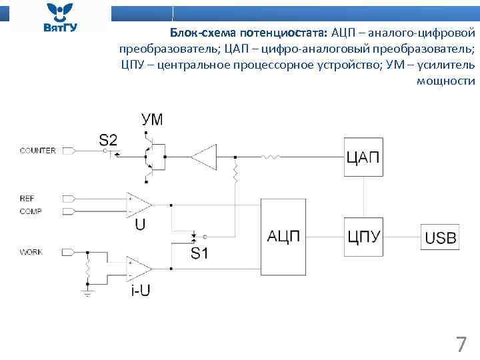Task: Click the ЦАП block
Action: coord(363,157)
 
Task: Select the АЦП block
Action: coord(283,237)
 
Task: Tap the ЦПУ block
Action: coord(363,237)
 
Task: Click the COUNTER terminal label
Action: coord(37,151)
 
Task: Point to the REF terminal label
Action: coord(27,199)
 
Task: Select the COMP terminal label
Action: coord(31,211)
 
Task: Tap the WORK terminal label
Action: coord(31,253)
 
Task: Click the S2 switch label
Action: coord(108,139)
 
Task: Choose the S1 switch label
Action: coord(199,253)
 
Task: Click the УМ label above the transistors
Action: coord(152,120)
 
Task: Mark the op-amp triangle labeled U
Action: coord(139,204)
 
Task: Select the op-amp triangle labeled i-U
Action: coord(139,267)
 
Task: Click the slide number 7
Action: coord(460,345)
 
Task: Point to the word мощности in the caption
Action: coord(446,81)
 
